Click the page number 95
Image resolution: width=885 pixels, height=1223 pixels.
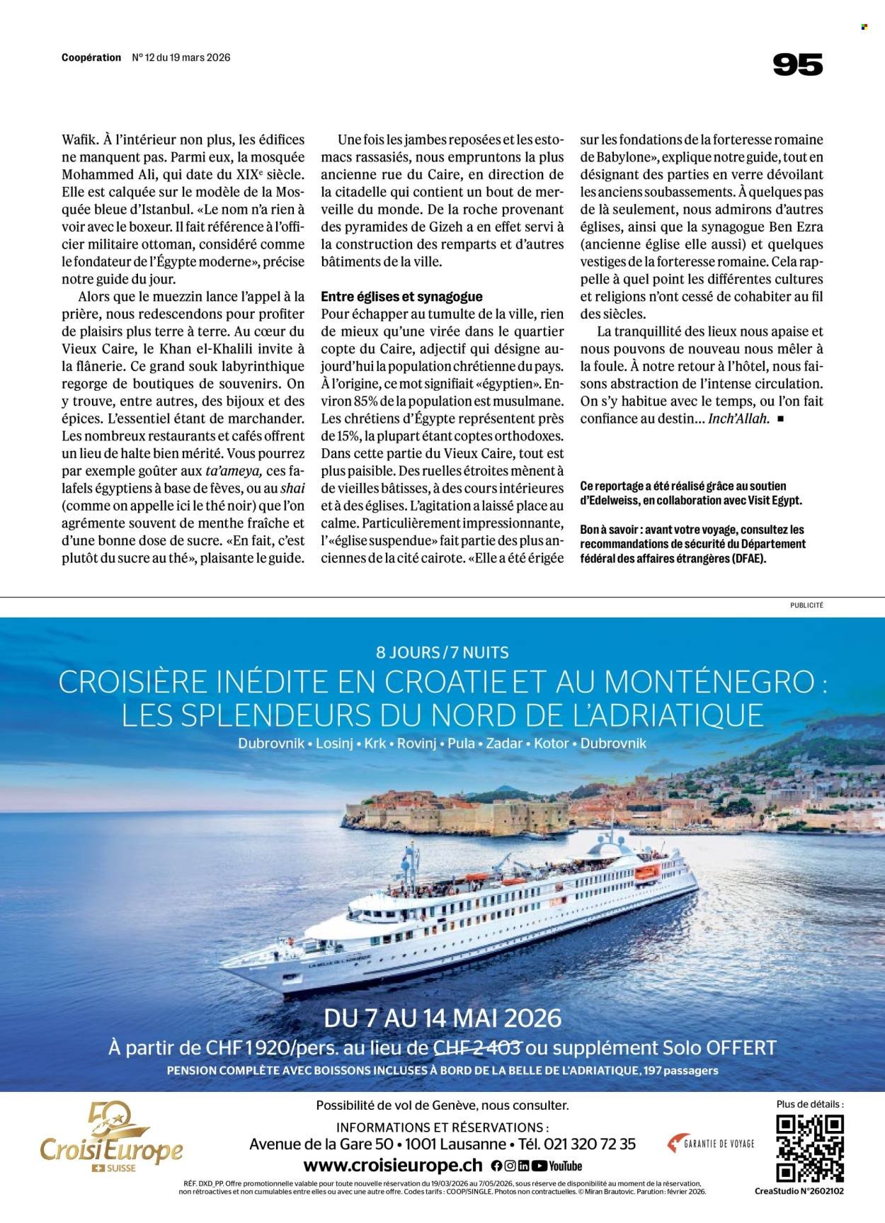tap(797, 65)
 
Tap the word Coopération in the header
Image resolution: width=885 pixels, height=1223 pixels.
tap(91, 58)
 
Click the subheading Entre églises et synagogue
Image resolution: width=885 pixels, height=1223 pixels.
tap(401, 297)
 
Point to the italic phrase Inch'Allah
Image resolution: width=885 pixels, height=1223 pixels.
tap(738, 418)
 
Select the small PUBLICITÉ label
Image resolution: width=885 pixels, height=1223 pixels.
tap(806, 605)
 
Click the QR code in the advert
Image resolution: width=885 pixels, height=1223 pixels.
tap(810, 1149)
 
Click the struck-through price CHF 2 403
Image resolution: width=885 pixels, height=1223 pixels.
tap(476, 1047)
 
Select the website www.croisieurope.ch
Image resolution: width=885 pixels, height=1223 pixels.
tap(393, 1166)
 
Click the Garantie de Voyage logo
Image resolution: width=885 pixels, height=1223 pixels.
tap(711, 1143)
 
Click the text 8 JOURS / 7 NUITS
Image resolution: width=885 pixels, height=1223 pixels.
tap(442, 652)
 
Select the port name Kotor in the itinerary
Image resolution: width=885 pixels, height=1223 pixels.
tap(554, 744)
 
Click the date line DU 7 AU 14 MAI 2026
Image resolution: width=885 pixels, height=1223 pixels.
tap(442, 1018)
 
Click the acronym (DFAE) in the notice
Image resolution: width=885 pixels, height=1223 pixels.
tap(743, 558)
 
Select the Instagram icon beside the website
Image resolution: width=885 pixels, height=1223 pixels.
tap(510, 1166)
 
